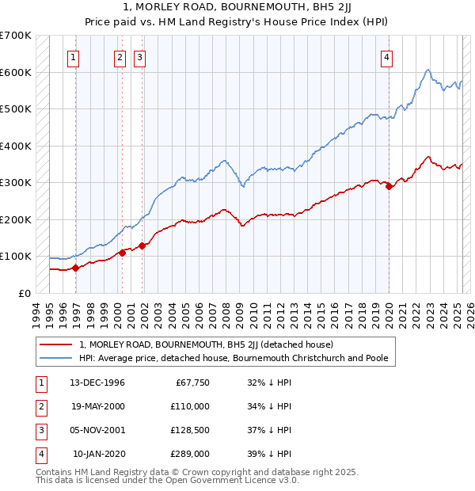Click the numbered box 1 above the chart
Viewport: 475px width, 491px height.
coord(73,56)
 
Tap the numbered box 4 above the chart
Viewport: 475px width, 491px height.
coord(386,56)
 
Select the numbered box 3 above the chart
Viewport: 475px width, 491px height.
coord(139,56)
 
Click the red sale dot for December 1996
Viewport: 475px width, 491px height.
coord(76,268)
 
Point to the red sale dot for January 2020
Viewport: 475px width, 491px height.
coord(389,187)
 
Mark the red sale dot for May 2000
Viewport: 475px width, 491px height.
coord(123,253)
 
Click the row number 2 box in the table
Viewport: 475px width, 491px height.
coord(40,407)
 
